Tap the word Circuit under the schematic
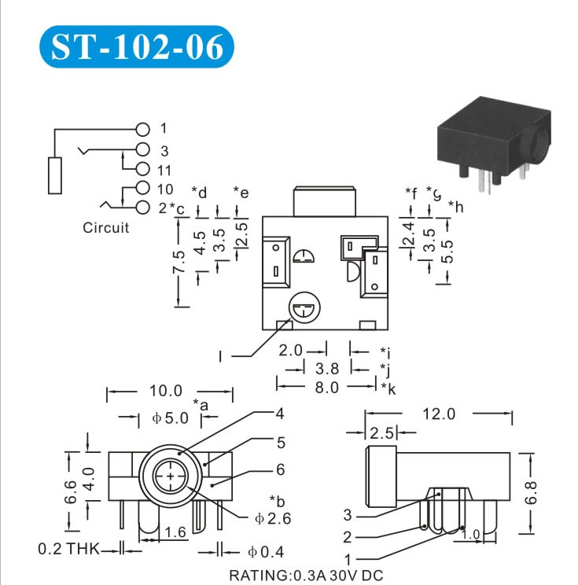(x=105, y=228)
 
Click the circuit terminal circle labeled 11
(x=142, y=169)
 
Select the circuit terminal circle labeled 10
(x=142, y=189)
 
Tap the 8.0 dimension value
(x=326, y=387)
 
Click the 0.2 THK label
(x=68, y=549)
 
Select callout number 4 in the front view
(x=279, y=413)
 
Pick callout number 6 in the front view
(x=279, y=470)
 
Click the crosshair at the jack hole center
(x=171, y=476)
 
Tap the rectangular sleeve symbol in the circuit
(x=55, y=175)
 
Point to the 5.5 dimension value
(x=447, y=251)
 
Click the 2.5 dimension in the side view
(x=382, y=433)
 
